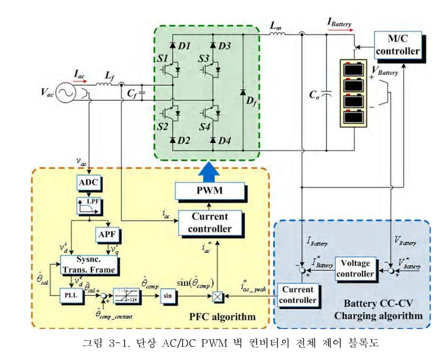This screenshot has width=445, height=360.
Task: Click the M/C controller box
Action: (x=397, y=45)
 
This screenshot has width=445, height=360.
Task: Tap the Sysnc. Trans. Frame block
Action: (x=88, y=264)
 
